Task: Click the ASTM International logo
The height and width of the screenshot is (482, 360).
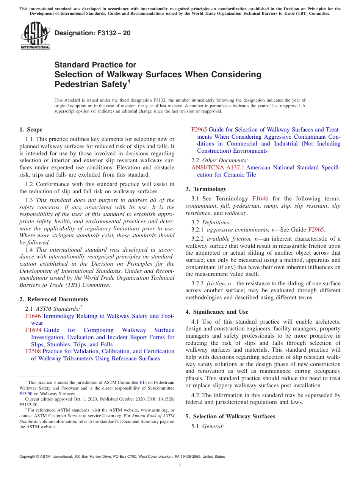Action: (x=35, y=36)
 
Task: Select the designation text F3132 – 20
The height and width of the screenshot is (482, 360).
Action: (x=93, y=33)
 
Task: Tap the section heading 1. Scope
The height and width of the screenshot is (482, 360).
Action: (x=31, y=130)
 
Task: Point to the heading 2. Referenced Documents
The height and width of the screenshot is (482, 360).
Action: (x=53, y=299)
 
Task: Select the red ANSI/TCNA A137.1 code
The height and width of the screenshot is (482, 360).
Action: (x=218, y=167)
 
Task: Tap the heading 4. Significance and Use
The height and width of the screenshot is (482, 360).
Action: (x=217, y=312)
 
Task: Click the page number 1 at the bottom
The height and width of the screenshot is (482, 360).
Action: (x=180, y=466)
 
